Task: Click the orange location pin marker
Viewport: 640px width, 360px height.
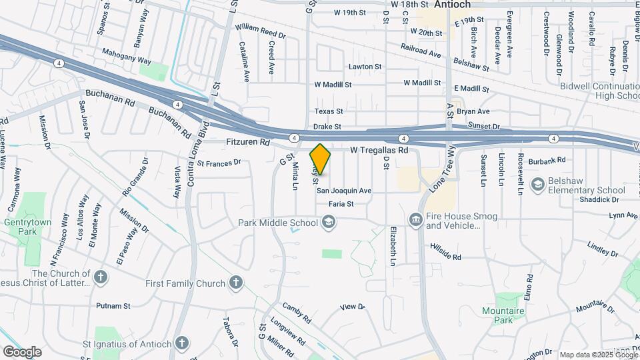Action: tap(321, 159)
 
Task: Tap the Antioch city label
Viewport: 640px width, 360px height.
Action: tap(452, 4)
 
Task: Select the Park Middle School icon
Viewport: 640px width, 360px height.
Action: tap(328, 221)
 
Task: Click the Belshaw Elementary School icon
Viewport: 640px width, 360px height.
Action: tap(537, 183)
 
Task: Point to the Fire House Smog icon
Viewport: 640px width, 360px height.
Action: tap(416, 219)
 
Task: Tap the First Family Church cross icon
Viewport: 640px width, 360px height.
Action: tap(235, 283)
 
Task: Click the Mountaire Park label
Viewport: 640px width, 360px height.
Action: tap(504, 315)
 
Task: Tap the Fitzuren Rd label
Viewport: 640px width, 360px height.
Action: tap(247, 142)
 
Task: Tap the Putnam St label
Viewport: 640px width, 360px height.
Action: tap(113, 306)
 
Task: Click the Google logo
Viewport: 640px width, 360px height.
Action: tap(22, 351)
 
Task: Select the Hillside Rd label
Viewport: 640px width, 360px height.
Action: tap(445, 254)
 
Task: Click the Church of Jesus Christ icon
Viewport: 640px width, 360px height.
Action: tap(100, 277)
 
